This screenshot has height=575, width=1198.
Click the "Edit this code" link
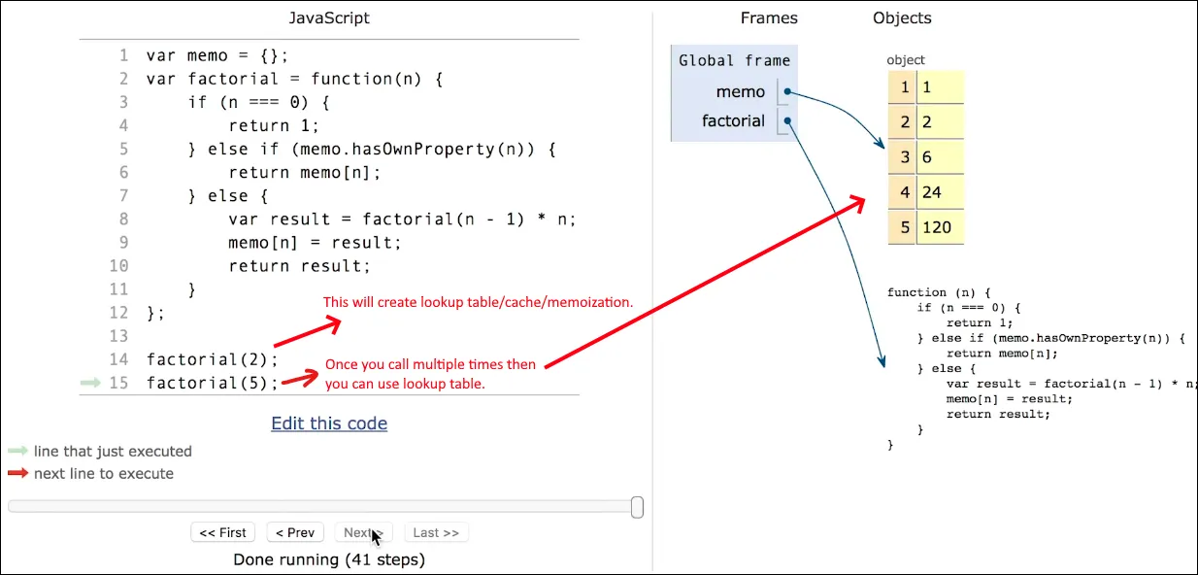pos(329,423)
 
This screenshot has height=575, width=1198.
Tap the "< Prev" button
pos(294,532)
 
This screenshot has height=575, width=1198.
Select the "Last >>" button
pos(436,532)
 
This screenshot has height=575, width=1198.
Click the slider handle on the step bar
pos(637,506)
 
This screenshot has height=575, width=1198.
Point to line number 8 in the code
pos(122,220)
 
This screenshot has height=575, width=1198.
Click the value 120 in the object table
pos(937,228)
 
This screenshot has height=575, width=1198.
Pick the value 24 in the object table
pos(932,192)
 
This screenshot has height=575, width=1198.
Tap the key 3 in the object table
pos(904,157)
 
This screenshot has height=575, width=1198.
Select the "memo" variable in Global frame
pos(741,92)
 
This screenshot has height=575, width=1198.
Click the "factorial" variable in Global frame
pos(733,121)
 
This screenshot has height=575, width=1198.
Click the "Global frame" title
pos(734,60)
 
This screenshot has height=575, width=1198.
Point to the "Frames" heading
pos(768,18)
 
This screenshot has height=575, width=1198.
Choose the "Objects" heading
pos(902,18)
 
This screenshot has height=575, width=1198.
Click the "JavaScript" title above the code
pos(329,18)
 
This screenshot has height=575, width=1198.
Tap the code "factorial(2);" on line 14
pos(213,359)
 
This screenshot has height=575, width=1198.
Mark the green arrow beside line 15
pos(90,383)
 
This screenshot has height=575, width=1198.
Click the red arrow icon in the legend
pos(18,474)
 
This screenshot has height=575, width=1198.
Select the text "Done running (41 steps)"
pos(329,559)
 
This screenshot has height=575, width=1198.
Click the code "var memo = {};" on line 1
pos(217,55)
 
